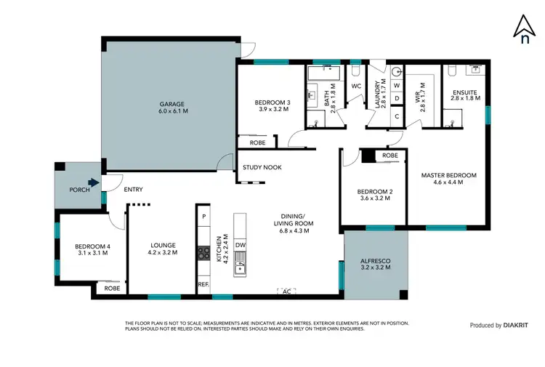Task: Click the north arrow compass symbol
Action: tap(524, 31)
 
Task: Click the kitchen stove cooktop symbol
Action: tap(203, 254)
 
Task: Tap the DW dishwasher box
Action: tap(241, 245)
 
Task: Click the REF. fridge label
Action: tap(203, 286)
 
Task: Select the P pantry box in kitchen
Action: tap(204, 217)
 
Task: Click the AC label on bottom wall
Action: tap(286, 291)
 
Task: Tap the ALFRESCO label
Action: tap(376, 263)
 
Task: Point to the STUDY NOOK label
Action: tap(262, 168)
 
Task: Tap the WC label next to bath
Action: tap(356, 86)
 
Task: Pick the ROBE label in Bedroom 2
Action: tap(389, 156)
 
